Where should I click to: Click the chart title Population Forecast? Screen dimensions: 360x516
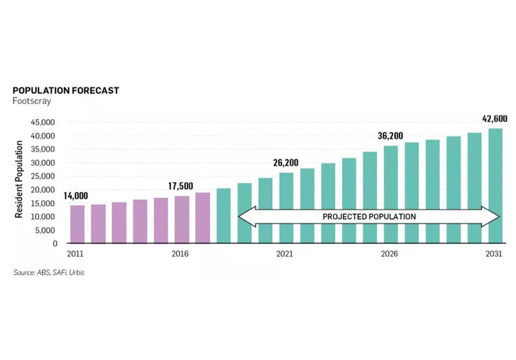click(x=66, y=91)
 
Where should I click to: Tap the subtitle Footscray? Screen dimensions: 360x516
click(x=32, y=101)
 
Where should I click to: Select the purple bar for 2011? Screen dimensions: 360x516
click(x=77, y=224)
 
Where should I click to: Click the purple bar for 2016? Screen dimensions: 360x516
click(x=182, y=220)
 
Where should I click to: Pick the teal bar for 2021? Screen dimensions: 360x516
click(x=286, y=208)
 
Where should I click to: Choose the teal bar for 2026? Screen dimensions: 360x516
click(x=391, y=194)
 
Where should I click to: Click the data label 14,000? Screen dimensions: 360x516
click(x=76, y=196)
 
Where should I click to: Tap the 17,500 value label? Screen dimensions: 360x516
click(x=180, y=186)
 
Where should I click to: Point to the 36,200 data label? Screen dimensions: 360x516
click(x=390, y=136)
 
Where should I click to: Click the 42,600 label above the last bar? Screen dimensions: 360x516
click(x=494, y=118)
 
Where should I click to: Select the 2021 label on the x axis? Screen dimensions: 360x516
click(x=285, y=254)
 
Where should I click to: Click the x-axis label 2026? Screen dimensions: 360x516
click(x=390, y=254)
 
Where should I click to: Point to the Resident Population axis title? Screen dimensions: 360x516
click(x=19, y=179)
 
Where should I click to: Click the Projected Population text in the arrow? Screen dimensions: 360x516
click(x=368, y=217)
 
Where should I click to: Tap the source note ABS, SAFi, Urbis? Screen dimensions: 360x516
click(x=49, y=273)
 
